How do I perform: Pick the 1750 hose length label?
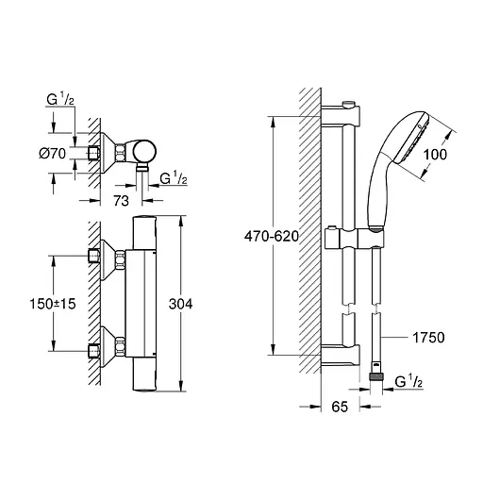tap(425, 335)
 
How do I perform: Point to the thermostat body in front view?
tap(143, 306)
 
